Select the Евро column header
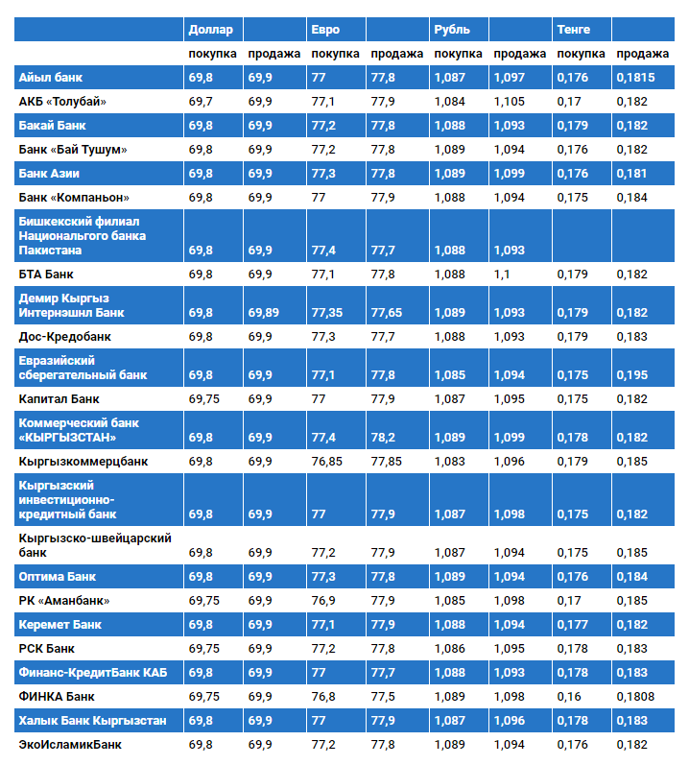325,30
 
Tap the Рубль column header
452,30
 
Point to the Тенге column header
574,30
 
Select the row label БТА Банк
46,274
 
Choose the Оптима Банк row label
58,577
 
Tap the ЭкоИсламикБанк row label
70,744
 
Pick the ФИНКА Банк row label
57,696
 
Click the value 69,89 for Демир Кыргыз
264,313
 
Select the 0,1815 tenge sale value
635,77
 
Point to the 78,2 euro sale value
383,438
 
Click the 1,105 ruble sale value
509,101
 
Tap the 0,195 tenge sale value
631,374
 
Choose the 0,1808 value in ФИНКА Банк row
635,696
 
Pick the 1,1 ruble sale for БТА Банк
502,274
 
